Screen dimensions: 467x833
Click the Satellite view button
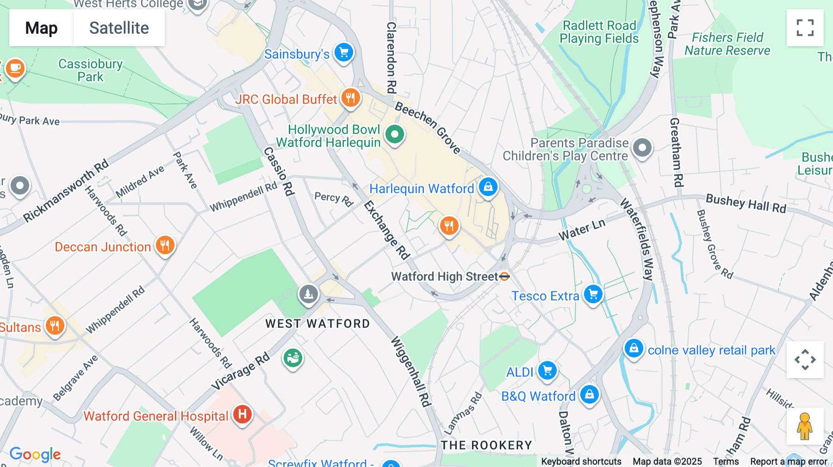(x=119, y=28)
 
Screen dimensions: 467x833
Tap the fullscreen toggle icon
(x=805, y=28)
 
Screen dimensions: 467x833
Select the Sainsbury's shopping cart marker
(x=344, y=52)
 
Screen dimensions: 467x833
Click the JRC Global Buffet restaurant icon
(x=351, y=98)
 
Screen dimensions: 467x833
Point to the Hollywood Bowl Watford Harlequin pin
(x=394, y=135)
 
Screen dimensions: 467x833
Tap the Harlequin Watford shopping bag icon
(x=488, y=187)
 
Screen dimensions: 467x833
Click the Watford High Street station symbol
(x=505, y=277)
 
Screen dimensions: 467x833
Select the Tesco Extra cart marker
(x=593, y=294)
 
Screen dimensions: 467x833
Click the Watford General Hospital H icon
(x=242, y=414)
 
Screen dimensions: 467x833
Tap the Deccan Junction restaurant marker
(x=165, y=245)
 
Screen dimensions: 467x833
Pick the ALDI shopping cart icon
(x=547, y=370)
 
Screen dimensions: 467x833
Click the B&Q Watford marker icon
(x=589, y=394)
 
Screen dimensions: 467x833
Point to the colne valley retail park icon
(x=634, y=348)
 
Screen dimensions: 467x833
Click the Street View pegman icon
(x=804, y=426)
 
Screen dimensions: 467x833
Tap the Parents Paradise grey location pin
(x=642, y=148)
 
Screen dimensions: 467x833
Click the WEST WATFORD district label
(x=317, y=324)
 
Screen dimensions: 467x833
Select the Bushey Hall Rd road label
(x=746, y=203)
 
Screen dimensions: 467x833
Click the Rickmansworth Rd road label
(x=66, y=191)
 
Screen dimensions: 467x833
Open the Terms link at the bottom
(x=726, y=461)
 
